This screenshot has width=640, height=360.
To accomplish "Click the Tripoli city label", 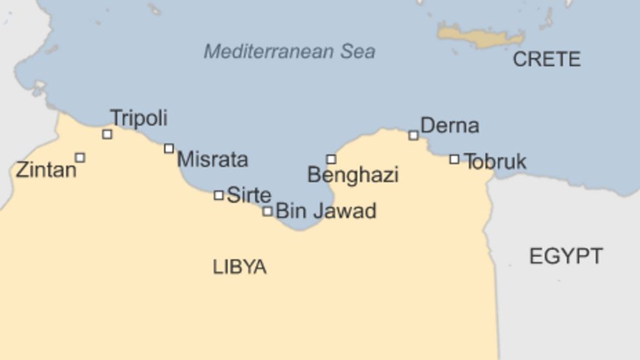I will tap(138, 118).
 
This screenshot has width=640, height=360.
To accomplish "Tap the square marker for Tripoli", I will tap(107, 134).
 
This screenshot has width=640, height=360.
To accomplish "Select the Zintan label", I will tap(46, 170).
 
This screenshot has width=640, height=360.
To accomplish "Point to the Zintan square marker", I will tap(80, 157).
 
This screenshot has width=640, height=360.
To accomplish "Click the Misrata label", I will tap(212, 159).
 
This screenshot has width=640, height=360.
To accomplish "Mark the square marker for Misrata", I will tap(169, 149).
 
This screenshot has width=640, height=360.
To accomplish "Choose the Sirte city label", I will tap(249, 195).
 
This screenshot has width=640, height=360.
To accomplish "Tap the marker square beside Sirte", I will tap(218, 195).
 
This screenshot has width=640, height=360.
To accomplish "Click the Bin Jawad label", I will tap(326, 211).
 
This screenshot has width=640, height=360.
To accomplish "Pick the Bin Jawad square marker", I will tap(267, 211).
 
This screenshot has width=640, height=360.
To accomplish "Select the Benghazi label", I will tap(353, 175).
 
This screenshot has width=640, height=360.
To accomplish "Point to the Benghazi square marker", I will tap(331, 159).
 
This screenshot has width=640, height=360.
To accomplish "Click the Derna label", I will tap(450, 125).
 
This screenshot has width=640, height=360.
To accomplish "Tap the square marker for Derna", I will tap(413, 136).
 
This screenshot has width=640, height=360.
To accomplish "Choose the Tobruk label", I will tap(495, 161).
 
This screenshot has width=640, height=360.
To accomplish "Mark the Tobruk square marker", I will tap(454, 159).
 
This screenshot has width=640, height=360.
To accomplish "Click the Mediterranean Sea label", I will tap(289, 51).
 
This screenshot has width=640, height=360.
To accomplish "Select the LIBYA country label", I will tap(239, 267).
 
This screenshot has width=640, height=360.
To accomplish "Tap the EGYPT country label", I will tap(565, 256).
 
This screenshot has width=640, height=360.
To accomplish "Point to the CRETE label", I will tap(546, 60).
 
